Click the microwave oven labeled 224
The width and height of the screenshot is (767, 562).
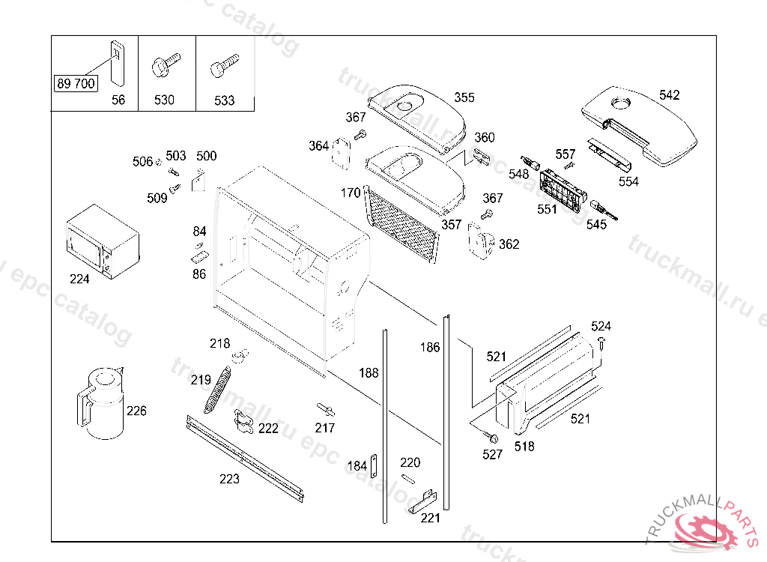point(102,241)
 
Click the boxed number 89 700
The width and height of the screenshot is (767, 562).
point(75,83)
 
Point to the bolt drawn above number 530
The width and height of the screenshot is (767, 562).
point(166,65)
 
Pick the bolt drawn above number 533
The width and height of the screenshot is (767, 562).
point(224,65)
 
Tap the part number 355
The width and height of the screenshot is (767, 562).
point(464,97)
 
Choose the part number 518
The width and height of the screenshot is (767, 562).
point(525,447)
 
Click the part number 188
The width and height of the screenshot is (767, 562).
point(369,373)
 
